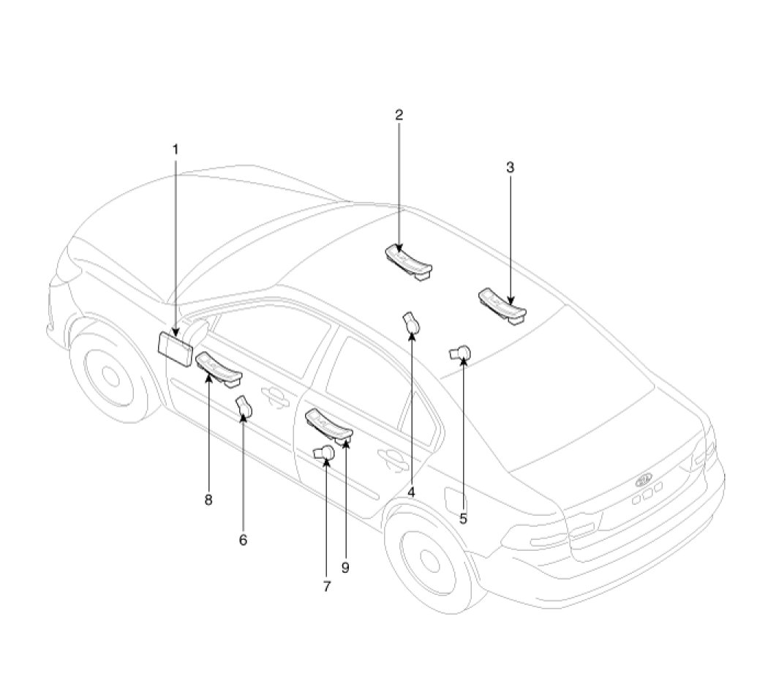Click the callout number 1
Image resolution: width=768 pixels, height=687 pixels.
176,149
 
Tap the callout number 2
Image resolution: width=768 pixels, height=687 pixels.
399,115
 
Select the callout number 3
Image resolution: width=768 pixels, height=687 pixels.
511,167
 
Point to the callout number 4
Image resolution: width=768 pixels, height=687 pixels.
411,492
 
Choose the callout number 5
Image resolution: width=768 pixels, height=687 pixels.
463,518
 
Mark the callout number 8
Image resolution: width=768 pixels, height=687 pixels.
208,500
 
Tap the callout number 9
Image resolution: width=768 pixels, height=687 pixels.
345,568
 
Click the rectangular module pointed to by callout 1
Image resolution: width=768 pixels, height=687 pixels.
176,348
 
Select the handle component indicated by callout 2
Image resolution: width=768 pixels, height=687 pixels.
408,263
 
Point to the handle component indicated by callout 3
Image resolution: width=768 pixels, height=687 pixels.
502,306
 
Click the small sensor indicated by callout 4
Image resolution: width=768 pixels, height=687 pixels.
411,323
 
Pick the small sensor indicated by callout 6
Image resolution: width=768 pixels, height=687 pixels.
244,408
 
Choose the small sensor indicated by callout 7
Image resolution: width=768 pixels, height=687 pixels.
324,453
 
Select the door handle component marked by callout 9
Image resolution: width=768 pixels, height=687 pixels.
328,425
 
